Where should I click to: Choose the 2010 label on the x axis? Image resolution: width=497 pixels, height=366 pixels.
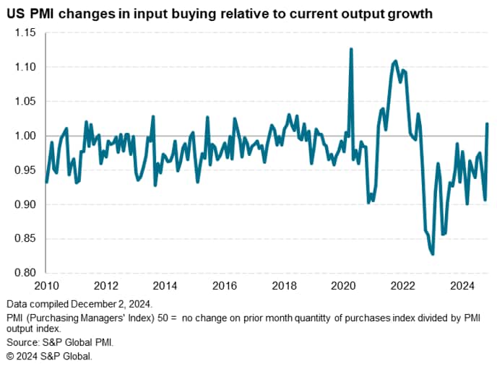click(x=46, y=285)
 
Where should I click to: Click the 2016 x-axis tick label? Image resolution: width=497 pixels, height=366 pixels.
click(x=225, y=285)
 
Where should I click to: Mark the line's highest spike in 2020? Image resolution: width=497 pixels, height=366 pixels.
click(x=351, y=49)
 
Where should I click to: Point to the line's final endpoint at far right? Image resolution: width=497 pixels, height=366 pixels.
click(x=488, y=124)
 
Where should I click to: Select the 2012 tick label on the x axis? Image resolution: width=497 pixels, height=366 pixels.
click(x=105, y=285)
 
